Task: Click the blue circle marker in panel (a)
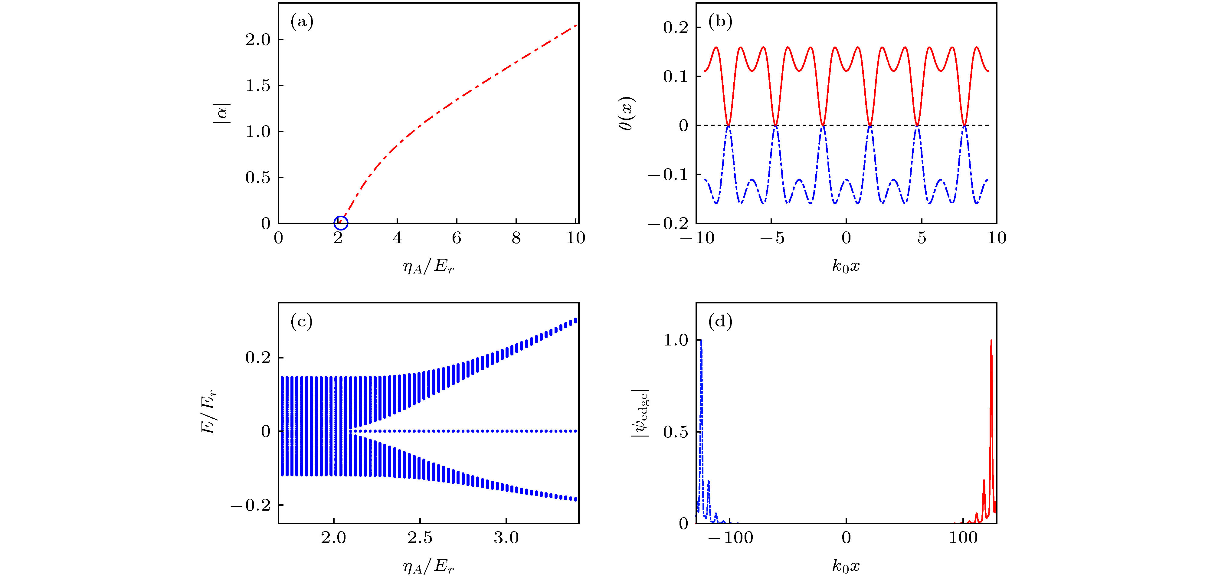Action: [x=341, y=223]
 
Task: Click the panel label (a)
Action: [x=302, y=22]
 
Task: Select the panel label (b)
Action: [x=720, y=22]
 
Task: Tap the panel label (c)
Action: [x=302, y=322]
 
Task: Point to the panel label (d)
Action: [x=720, y=322]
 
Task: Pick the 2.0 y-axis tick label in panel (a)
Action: [x=257, y=40]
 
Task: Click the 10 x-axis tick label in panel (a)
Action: [x=575, y=238]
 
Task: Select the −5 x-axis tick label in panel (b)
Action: [x=772, y=238]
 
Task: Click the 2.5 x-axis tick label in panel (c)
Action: [x=420, y=538]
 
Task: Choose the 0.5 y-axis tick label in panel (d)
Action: [x=675, y=432]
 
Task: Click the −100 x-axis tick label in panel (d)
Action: [x=731, y=538]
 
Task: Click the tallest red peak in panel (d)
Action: [x=991, y=340]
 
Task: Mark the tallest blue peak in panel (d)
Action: [x=701, y=340]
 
